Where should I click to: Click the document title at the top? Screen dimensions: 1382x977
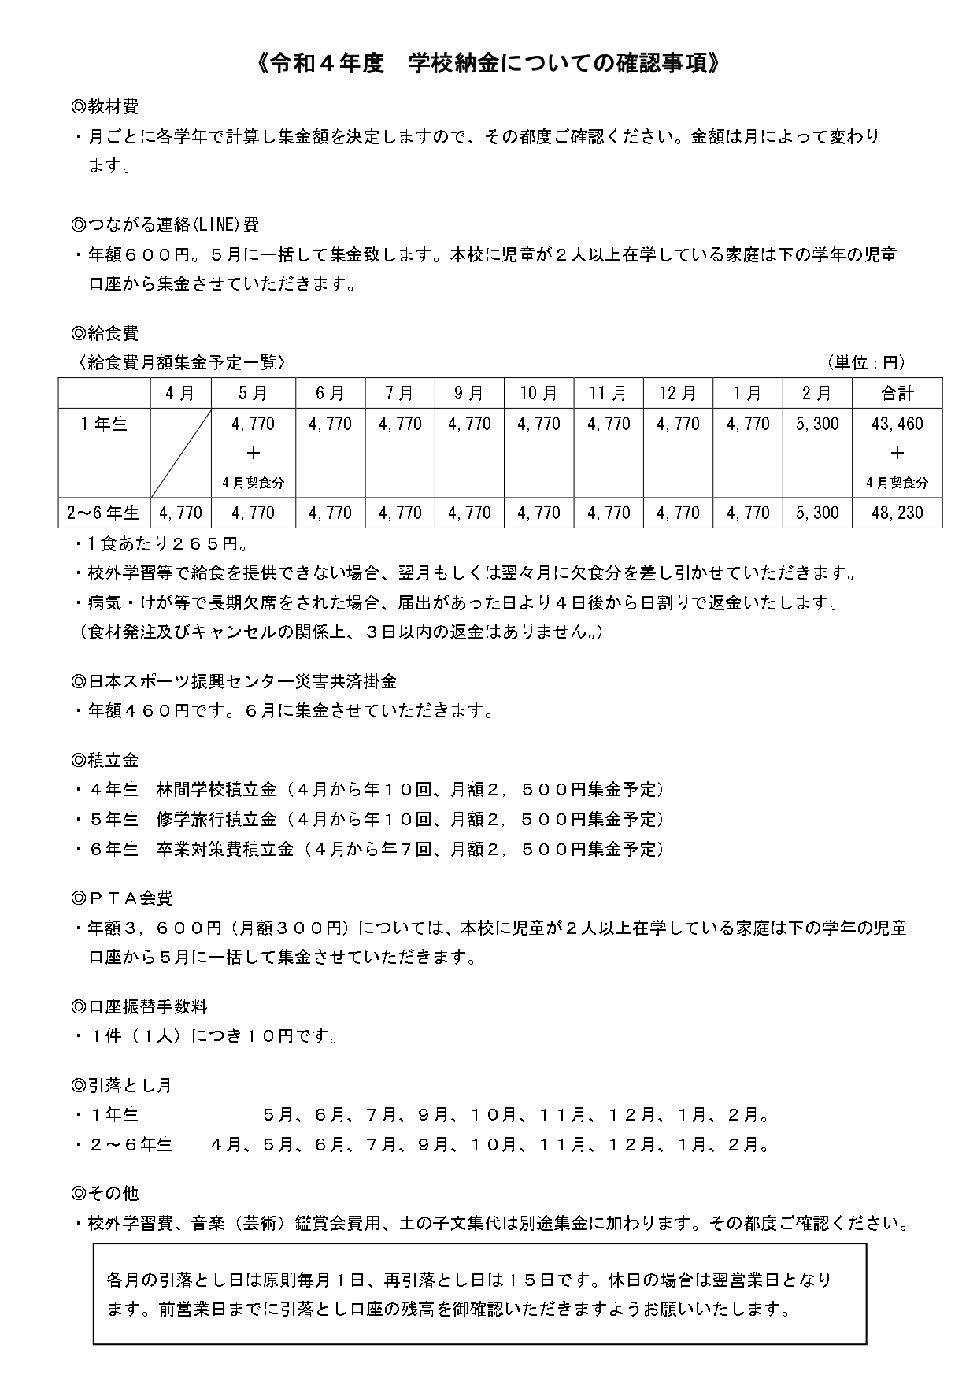coord(488,64)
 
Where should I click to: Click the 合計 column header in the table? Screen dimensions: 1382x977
coord(897,393)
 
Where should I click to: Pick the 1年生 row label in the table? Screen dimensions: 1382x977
coord(104,424)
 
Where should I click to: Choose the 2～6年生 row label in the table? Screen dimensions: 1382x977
coord(104,513)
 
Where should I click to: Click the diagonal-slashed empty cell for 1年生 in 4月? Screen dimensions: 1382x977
coord(181,452)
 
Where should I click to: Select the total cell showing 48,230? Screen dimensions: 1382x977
coord(897,513)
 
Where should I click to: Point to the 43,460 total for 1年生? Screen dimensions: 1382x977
coord(897,424)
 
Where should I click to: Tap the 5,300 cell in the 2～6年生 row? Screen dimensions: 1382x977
coord(817,513)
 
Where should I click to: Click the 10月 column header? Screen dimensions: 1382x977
coord(538,393)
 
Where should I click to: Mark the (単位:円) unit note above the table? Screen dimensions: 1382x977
coord(866,363)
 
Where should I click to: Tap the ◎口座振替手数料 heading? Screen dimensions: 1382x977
coord(139,1006)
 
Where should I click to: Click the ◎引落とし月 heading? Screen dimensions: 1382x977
coord(122,1085)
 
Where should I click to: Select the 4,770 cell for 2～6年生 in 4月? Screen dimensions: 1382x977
coord(181,513)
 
